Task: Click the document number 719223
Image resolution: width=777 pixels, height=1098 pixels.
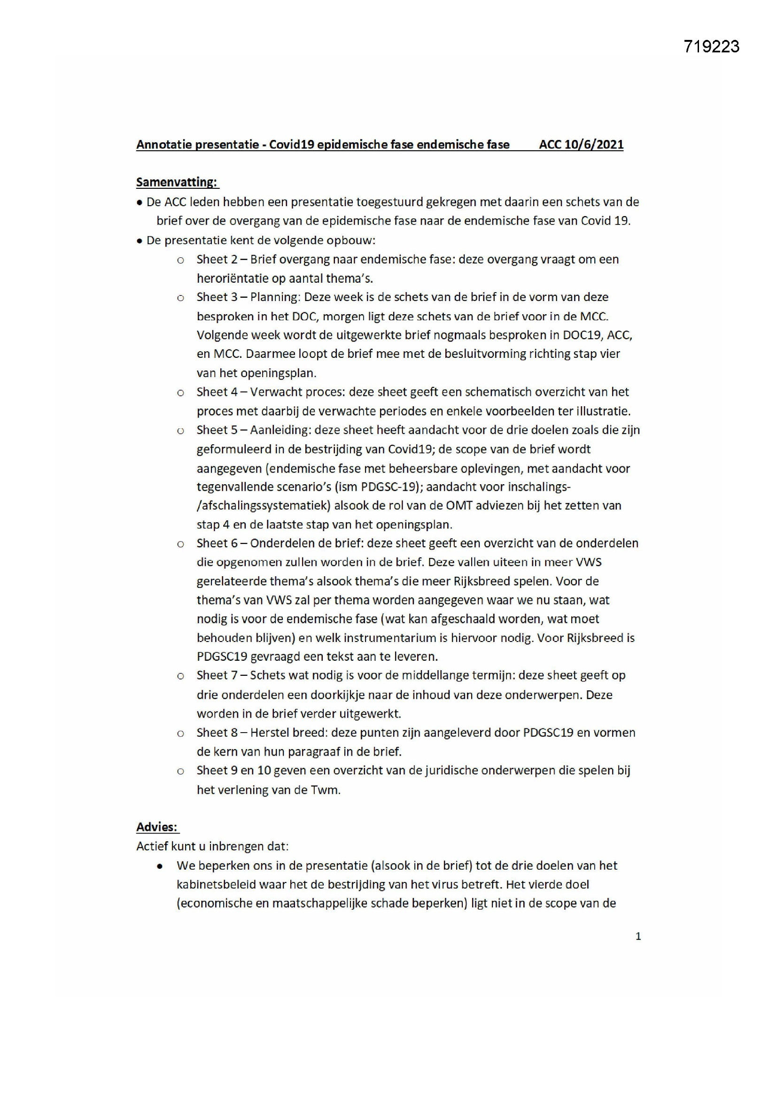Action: point(711,46)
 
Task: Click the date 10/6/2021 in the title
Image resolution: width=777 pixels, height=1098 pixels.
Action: point(594,145)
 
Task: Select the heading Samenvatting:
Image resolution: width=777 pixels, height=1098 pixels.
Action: point(177,182)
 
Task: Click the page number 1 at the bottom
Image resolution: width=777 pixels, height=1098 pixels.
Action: point(638,936)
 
